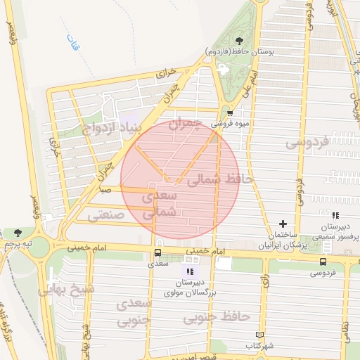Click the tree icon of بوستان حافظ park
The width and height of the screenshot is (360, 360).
click(240, 41)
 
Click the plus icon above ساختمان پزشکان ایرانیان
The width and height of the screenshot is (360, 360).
click(283, 224)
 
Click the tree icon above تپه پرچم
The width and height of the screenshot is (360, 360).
click(18, 233)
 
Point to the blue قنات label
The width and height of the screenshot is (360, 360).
click(72, 43)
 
